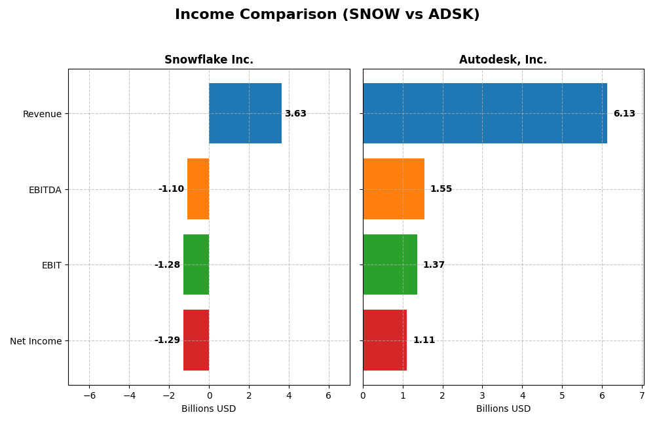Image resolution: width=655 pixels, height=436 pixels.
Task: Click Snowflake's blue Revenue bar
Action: click(x=245, y=113)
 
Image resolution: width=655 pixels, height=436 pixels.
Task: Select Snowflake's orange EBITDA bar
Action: click(x=198, y=189)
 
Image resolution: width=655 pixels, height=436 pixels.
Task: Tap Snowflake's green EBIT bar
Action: click(x=196, y=264)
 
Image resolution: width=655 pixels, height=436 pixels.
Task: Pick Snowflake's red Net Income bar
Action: click(x=196, y=340)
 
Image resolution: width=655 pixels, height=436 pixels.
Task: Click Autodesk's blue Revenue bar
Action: click(x=485, y=113)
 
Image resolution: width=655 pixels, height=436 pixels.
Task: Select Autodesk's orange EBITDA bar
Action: click(x=394, y=189)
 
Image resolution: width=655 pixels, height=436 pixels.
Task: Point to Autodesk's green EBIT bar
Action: click(x=390, y=264)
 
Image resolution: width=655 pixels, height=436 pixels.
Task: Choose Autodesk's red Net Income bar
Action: click(x=384, y=340)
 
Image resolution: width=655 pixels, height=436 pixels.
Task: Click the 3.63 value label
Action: click(x=295, y=114)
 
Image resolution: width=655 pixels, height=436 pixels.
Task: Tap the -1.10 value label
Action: click(x=171, y=189)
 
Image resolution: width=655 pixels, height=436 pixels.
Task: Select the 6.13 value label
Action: click(x=624, y=114)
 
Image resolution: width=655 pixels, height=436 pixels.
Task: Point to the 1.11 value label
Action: click(x=424, y=340)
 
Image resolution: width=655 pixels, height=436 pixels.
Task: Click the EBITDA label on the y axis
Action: click(x=45, y=190)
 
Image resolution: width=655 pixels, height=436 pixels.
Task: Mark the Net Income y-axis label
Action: click(x=35, y=341)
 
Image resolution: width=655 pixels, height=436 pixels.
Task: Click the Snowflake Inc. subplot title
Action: click(x=208, y=60)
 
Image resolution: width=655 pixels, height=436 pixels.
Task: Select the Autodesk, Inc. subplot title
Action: click(x=502, y=60)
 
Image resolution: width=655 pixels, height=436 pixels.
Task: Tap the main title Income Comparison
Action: click(x=327, y=14)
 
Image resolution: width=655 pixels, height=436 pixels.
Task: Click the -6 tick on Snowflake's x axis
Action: click(x=89, y=396)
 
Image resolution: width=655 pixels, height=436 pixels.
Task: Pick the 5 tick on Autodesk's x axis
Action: click(x=562, y=396)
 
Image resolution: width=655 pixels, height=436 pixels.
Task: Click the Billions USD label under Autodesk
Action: click(x=503, y=409)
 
